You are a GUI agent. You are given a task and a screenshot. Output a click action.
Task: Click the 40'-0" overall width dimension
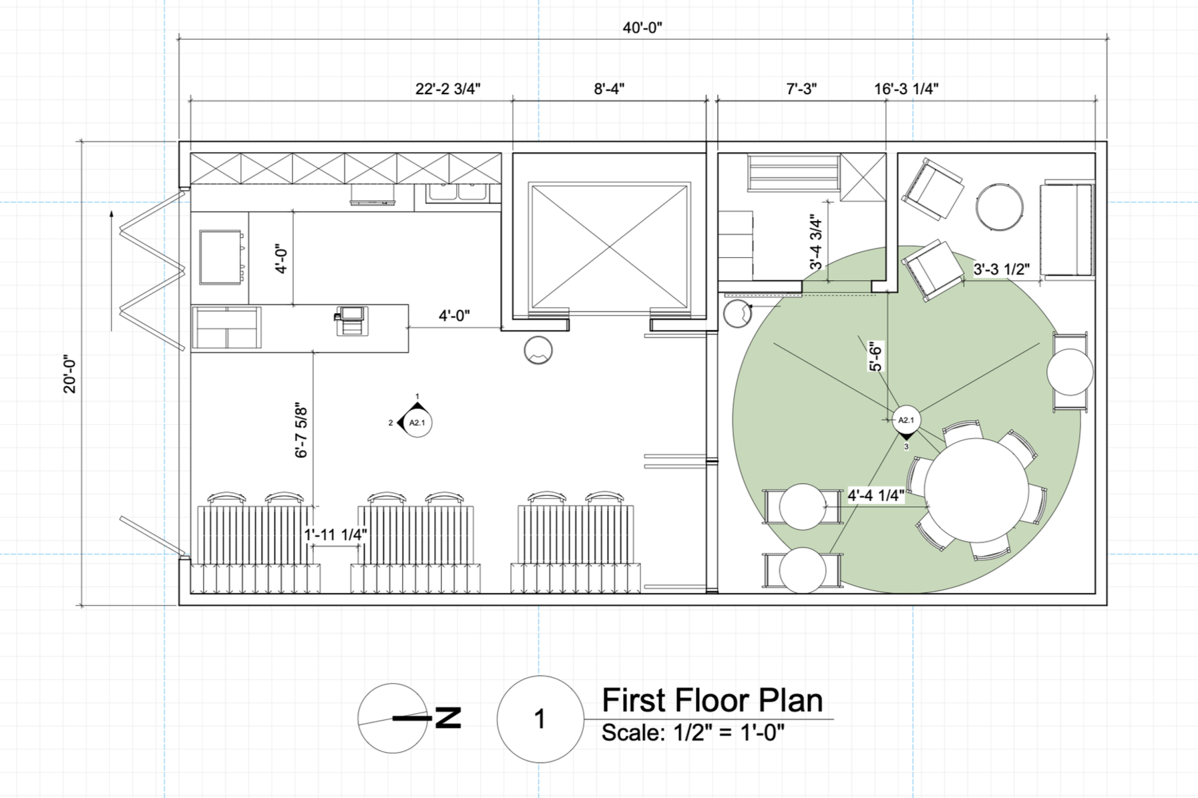point(642,27)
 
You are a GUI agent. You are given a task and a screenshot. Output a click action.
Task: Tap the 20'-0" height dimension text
point(70,375)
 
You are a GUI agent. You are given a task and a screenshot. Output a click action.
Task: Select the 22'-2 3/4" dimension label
point(447,89)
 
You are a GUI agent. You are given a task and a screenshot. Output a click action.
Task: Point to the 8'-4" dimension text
point(609,89)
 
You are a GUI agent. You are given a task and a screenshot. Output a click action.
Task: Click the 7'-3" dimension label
point(801,89)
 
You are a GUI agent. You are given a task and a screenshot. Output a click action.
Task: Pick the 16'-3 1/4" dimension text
point(906,89)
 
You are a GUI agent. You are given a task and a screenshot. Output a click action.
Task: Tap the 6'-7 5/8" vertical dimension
point(301,432)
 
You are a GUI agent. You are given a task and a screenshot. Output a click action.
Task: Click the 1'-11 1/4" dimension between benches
point(336,535)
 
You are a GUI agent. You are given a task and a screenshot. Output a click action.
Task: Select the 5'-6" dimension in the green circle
point(875,356)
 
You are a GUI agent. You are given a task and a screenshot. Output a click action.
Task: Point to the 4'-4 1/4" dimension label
point(876,495)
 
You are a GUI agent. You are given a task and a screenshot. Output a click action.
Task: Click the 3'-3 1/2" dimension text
point(1001,269)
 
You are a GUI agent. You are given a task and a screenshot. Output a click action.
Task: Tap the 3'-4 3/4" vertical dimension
point(816,242)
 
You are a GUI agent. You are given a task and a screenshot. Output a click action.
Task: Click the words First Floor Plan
point(712,701)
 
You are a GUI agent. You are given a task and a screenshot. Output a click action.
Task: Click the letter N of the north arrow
point(448,718)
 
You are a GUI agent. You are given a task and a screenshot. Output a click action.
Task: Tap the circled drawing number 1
point(540,719)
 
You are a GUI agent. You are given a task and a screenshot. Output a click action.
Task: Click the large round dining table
point(976,490)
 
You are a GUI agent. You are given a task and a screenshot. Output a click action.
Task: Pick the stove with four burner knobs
point(220,257)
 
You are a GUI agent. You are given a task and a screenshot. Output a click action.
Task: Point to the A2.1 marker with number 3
point(906,422)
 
